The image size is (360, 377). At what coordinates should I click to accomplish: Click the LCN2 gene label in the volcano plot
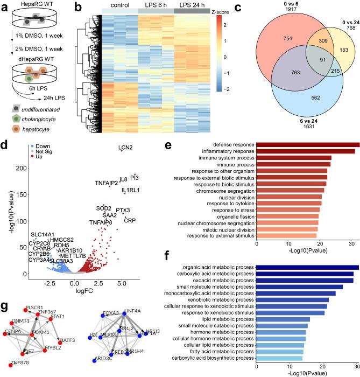coord(127,148)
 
